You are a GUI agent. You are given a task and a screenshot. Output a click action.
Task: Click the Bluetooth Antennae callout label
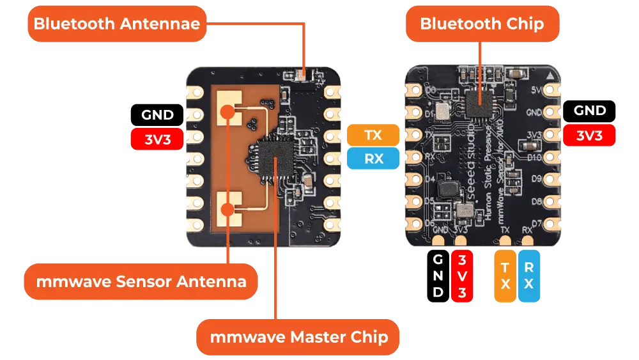(x=117, y=24)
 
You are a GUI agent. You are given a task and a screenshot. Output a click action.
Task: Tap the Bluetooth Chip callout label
(x=482, y=24)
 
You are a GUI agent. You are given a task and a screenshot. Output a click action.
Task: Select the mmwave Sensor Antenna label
(x=141, y=281)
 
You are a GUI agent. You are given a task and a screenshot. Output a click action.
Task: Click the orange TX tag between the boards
(x=373, y=136)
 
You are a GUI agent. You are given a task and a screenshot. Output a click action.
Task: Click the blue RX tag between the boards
(x=373, y=159)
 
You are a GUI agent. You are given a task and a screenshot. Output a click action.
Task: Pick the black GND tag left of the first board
(x=157, y=114)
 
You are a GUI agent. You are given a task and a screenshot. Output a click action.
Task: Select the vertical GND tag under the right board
(x=438, y=276)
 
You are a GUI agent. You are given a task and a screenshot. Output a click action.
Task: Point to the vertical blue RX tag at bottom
(x=528, y=276)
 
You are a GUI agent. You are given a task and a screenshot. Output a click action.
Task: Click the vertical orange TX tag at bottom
(x=505, y=276)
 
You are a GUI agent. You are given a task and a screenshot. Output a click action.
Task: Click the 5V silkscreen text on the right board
(x=535, y=90)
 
